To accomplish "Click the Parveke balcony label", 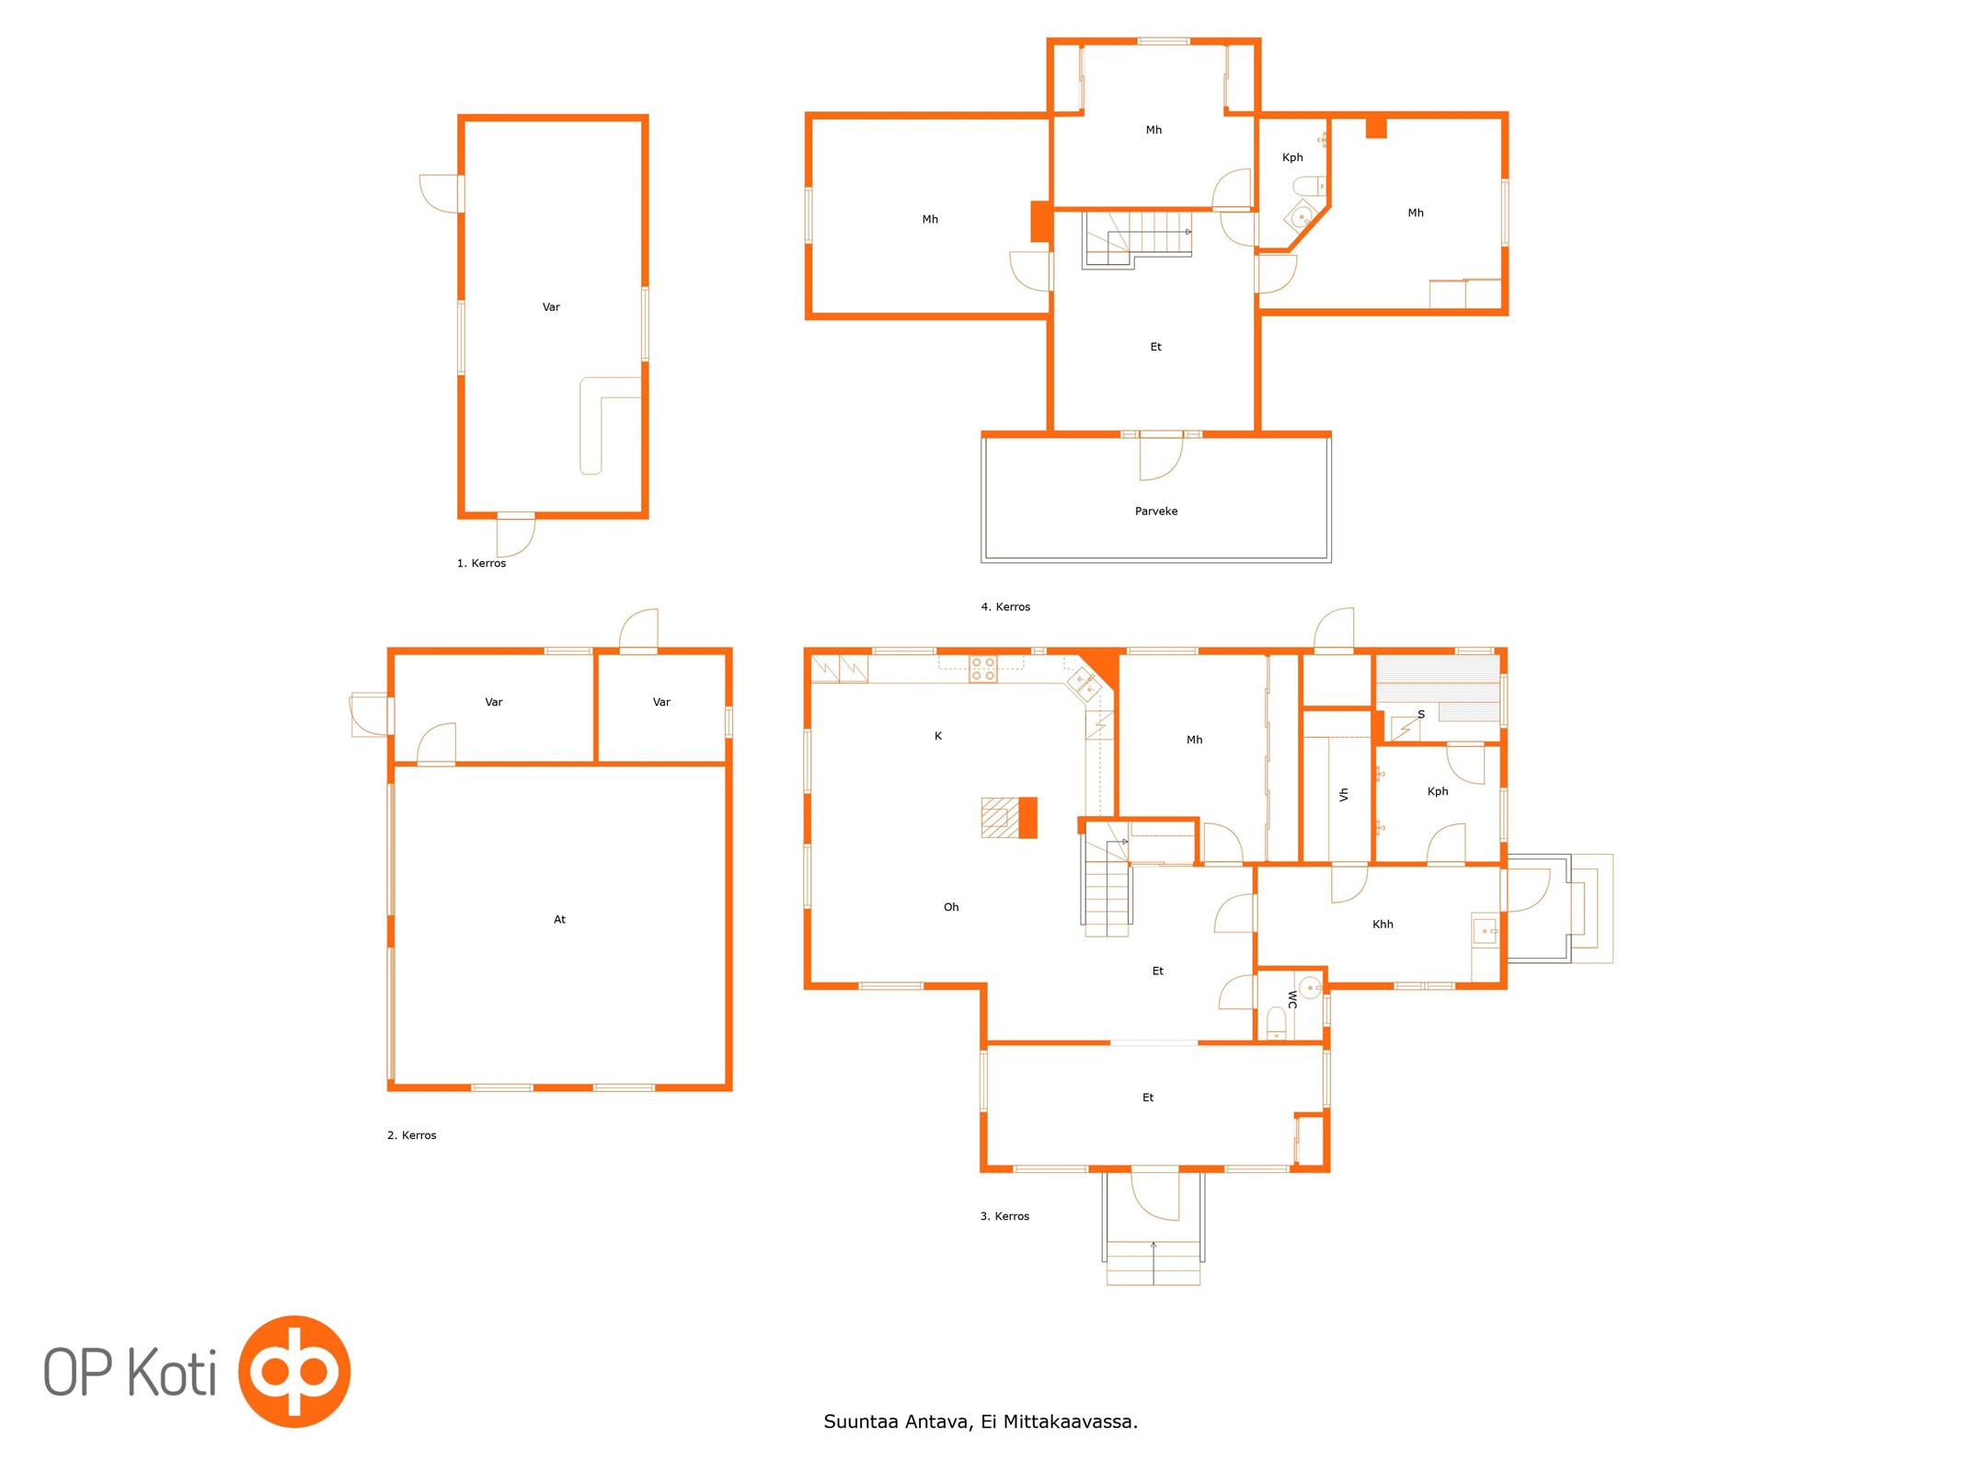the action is [x=1155, y=512].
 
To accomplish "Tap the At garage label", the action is [x=559, y=919].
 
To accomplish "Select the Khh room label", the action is [x=1383, y=925].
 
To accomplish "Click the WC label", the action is [x=1292, y=999].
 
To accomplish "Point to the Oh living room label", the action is [x=951, y=907].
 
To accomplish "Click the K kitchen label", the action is [x=938, y=736].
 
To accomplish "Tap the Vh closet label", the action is [x=1344, y=794].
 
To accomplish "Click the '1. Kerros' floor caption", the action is [x=481, y=563].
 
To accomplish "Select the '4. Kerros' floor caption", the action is [x=1005, y=607].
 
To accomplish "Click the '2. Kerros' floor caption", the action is [x=411, y=1135].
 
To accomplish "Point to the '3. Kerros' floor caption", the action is [x=1004, y=1216].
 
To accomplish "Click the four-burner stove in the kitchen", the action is [x=983, y=669].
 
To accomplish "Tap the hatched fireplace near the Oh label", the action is [x=1001, y=817].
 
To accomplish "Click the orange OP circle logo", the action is [x=294, y=1371].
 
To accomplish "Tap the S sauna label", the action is [x=1421, y=715].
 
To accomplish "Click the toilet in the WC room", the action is [x=1277, y=1024].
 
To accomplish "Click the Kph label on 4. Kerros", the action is [x=1292, y=157].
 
